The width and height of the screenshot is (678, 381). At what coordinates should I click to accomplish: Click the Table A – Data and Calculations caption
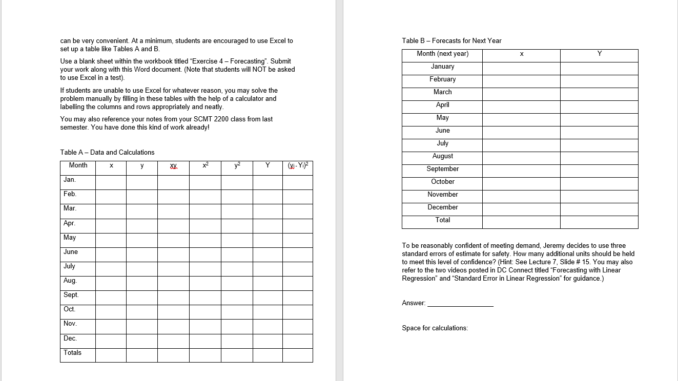(107, 152)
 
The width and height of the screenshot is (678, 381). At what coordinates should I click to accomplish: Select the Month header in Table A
(78, 165)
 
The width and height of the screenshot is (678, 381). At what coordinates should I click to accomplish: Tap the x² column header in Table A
(205, 165)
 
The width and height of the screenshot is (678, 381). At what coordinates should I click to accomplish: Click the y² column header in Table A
(237, 165)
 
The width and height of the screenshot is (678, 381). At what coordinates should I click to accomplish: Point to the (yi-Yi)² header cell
(297, 165)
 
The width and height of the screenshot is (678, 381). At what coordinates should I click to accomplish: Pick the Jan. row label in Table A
(70, 180)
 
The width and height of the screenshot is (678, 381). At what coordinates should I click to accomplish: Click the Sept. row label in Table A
(71, 295)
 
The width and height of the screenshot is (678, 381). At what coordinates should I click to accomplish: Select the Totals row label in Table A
(73, 353)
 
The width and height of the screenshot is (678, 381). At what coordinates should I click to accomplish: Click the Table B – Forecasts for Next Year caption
(451, 40)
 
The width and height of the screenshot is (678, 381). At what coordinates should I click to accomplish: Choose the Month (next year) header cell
(442, 54)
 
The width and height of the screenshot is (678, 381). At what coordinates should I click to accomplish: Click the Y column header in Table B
(599, 54)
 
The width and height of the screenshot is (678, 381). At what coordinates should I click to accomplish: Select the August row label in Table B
(442, 156)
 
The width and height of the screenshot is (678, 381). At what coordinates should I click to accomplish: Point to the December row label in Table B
(442, 207)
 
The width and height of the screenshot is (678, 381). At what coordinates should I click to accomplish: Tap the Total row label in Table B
(442, 220)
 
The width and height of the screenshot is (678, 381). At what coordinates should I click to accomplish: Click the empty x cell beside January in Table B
(521, 68)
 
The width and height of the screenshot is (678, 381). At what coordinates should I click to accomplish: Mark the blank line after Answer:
(460, 303)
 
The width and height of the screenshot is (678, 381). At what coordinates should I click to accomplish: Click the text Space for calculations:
(435, 328)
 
